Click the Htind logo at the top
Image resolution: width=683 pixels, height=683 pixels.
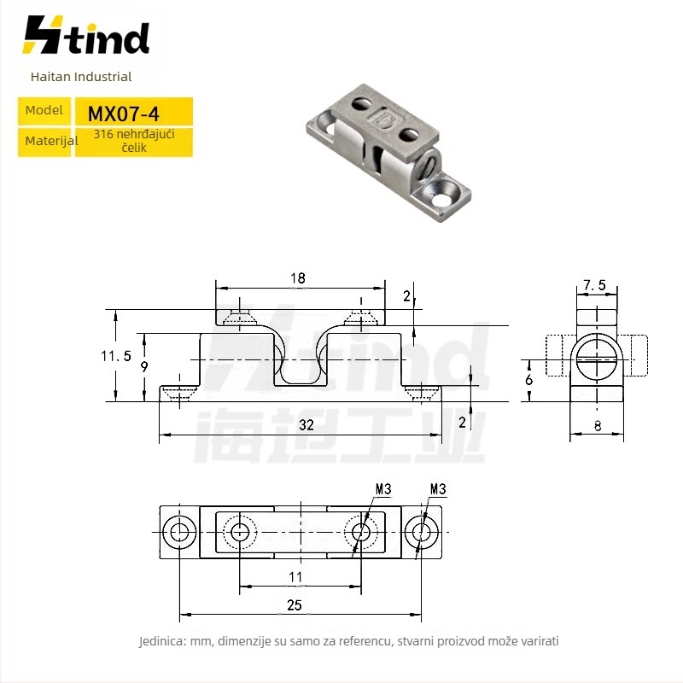click(x=86, y=35)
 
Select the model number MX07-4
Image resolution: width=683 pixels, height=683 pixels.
click(x=123, y=114)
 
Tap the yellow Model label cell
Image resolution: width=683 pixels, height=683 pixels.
click(x=44, y=111)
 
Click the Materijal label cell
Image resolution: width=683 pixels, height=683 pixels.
click(x=44, y=142)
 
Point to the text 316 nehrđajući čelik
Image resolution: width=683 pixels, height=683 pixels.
click(x=134, y=141)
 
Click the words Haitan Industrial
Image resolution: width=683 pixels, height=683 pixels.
click(x=81, y=77)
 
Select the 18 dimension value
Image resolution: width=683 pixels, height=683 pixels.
click(x=298, y=278)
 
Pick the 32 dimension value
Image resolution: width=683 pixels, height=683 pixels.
click(x=306, y=424)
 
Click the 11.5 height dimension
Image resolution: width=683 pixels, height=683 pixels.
click(x=116, y=356)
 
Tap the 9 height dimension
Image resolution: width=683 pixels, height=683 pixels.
click(x=144, y=367)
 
